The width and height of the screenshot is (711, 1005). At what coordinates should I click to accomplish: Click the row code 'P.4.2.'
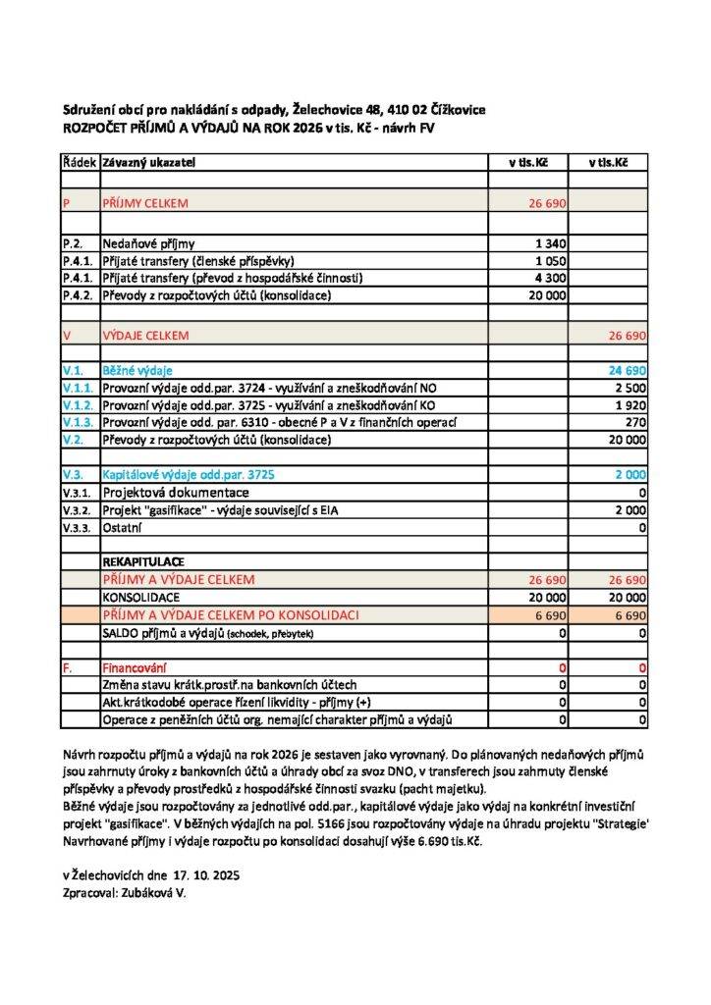click(x=78, y=295)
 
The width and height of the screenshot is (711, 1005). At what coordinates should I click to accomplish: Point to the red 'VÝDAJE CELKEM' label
click(x=145, y=336)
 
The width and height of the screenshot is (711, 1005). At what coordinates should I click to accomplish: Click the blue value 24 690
click(x=626, y=371)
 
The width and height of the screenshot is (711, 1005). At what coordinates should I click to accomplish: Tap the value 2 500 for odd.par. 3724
click(x=629, y=389)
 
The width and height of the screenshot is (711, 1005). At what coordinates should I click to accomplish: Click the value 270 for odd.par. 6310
click(x=634, y=423)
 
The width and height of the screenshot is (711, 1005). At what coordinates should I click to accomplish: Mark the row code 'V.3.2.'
click(x=78, y=510)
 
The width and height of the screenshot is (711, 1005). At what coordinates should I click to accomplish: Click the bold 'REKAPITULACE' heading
click(x=143, y=562)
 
